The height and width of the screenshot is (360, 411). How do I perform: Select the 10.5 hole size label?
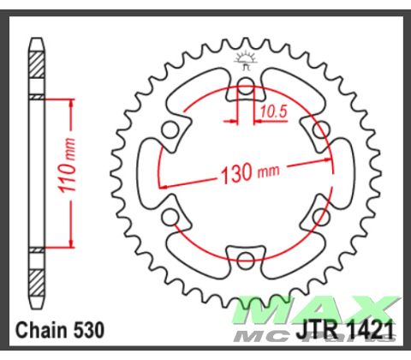(271, 110)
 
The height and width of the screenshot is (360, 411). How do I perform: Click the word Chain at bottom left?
(43, 329)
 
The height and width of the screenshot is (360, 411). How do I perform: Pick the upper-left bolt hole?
(170, 129)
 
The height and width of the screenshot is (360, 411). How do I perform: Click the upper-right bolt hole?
(321, 129)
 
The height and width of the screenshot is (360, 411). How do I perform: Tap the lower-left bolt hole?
(170, 215)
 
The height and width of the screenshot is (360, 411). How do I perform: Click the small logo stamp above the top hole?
(246, 61)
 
